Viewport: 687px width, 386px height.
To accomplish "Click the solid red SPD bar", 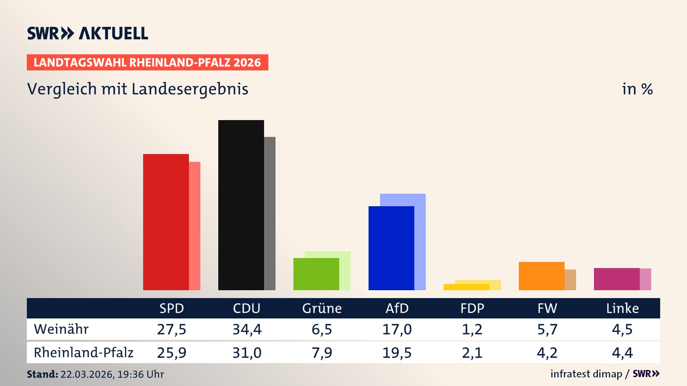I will coord(166,222).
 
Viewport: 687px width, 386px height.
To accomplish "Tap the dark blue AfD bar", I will coord(391,248).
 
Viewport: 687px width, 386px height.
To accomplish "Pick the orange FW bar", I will coord(541,276).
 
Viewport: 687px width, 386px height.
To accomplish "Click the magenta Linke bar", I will coord(617,279).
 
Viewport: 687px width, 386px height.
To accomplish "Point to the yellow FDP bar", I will coord(466,287).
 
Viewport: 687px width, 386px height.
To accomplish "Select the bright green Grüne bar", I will coord(316,274).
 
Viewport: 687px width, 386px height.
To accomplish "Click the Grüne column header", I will coord(322,308).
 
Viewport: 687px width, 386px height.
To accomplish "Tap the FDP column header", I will coord(472,308).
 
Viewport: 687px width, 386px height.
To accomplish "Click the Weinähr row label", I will coord(61,329).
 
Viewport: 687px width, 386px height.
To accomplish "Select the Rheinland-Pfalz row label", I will coord(83,353).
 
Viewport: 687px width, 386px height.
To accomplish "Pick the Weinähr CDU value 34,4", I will coord(247,329).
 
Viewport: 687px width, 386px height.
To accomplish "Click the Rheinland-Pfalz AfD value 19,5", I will coord(397,353).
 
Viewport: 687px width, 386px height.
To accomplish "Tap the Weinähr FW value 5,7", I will coord(547,329).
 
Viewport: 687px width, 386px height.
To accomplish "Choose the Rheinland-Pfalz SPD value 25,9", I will coord(171,353).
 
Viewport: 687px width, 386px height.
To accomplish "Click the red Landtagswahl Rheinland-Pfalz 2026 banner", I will coord(147,63).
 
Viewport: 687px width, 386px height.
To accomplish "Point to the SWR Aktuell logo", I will coord(87,33).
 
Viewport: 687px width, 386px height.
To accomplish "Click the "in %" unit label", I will coord(637,89).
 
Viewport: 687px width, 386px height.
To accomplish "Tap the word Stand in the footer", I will coord(42,374).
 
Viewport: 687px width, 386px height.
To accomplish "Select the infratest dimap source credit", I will coord(586,374).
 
